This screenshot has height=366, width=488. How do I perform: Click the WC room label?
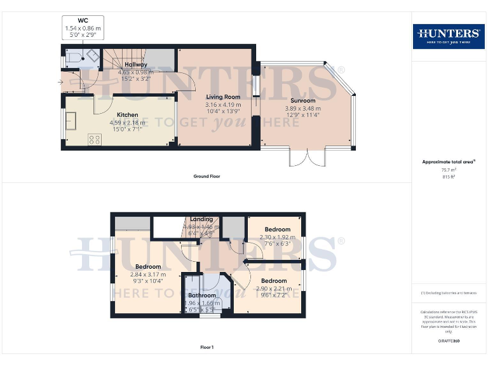click(83, 21)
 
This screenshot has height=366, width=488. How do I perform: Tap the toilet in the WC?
click(74, 58)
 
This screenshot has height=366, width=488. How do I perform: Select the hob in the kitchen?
click(95, 139)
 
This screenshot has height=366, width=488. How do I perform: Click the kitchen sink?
click(70, 120)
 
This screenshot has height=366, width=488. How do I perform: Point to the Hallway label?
click(136, 65)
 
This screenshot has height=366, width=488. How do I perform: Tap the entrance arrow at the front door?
click(62, 82)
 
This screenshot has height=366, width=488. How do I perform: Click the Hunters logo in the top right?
click(448, 36)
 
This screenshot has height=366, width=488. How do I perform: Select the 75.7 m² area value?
click(449, 170)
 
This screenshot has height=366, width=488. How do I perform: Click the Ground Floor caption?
click(207, 176)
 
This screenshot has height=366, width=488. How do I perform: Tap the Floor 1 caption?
click(207, 348)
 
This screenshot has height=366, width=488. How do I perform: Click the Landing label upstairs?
click(201, 219)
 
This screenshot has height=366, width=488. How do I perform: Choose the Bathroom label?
click(201, 295)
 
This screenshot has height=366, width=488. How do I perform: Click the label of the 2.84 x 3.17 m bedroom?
click(147, 267)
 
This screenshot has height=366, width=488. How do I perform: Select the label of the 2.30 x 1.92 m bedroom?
click(277, 229)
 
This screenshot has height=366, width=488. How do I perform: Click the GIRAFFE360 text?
click(448, 341)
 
